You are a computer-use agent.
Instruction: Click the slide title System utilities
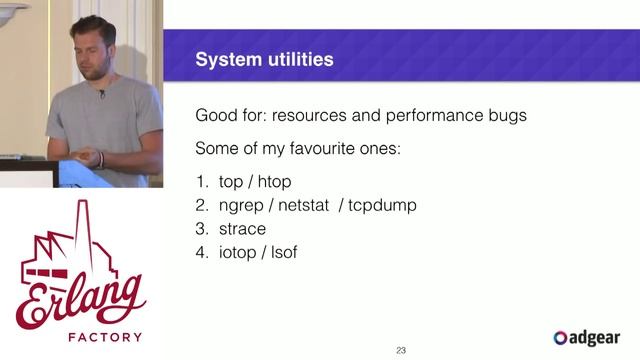pyautogui.click(x=264, y=61)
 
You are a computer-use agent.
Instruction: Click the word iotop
pyautogui.click(x=238, y=253)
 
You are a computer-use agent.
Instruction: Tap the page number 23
pyautogui.click(x=401, y=350)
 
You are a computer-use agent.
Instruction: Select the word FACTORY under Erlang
pyautogui.click(x=83, y=337)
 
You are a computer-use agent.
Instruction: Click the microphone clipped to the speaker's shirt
pyautogui.click(x=101, y=94)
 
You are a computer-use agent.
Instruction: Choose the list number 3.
pyautogui.click(x=201, y=229)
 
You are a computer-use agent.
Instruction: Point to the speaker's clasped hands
pyautogui.click(x=92, y=158)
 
